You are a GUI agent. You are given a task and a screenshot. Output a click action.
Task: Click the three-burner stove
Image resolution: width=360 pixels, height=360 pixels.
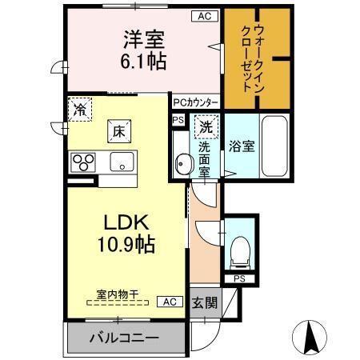tap(82, 163)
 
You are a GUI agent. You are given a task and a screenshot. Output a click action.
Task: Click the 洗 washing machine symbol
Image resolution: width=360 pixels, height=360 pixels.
tap(206, 126)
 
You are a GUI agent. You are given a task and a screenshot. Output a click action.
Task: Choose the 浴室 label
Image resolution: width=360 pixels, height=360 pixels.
tap(242, 146)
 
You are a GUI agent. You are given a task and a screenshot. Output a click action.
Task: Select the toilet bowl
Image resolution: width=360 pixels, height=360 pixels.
tap(239, 253)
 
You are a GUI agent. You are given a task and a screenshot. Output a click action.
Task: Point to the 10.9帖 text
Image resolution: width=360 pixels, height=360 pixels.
tap(127, 244)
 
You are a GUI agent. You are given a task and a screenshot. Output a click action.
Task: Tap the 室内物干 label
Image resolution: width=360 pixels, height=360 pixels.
tap(117, 293)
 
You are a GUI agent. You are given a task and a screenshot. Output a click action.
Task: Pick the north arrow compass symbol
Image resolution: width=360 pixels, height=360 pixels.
tap(314, 336)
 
